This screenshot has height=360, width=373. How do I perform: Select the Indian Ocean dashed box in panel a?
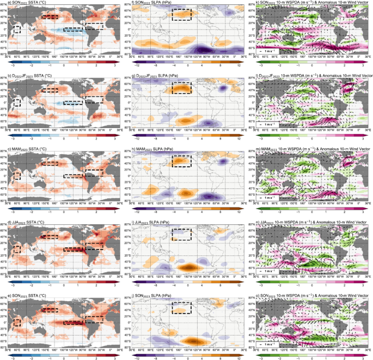(x=17, y=29)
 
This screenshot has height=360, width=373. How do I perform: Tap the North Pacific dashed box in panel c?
(x=50, y=163)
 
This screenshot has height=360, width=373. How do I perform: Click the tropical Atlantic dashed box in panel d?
(x=94, y=246)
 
